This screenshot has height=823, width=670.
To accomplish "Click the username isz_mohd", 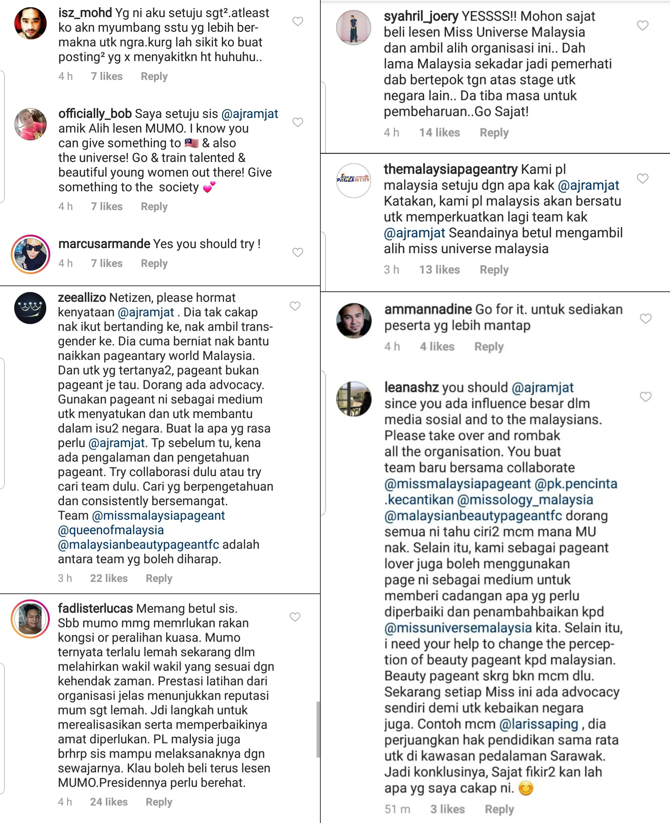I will click(85, 13).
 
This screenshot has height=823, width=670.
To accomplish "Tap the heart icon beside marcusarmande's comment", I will click(298, 252).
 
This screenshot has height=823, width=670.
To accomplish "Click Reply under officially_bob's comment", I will click(154, 206).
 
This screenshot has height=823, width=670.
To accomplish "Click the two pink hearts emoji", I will click(209, 187).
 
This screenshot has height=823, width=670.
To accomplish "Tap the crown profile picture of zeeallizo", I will click(30, 308).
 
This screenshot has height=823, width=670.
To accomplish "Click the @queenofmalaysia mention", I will click(111, 530).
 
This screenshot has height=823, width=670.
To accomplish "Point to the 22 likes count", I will click(109, 578).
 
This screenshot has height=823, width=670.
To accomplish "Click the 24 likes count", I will click(109, 802).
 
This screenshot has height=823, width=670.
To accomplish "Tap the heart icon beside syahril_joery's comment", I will click(642, 25).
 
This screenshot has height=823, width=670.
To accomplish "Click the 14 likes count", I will click(440, 133).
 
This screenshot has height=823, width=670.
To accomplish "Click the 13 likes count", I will click(440, 270).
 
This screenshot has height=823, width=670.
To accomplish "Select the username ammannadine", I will click(428, 309).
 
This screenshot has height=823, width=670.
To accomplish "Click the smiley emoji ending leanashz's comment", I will click(525, 788).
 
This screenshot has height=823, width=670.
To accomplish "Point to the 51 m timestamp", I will click(397, 809).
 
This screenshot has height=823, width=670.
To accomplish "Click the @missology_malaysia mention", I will click(525, 500).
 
